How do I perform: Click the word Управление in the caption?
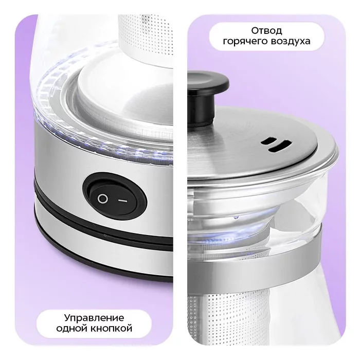pyautogui.click(x=94, y=318)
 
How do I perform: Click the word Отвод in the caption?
pyautogui.click(x=266, y=30)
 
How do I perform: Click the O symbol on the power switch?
pyautogui.click(x=103, y=199)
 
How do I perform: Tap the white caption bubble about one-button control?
pyautogui.click(x=94, y=323)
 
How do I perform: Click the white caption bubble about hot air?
pyautogui.click(x=266, y=36)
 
